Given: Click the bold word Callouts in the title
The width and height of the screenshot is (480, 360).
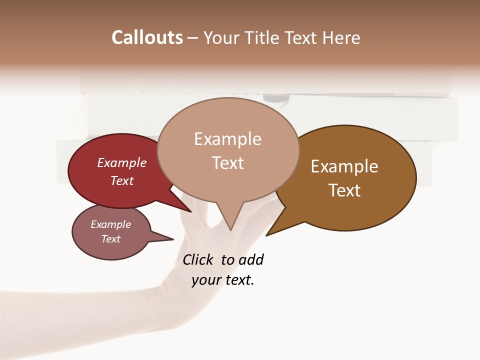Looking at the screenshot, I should click(x=147, y=37).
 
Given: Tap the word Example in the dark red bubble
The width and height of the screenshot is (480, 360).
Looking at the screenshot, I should click(x=122, y=162).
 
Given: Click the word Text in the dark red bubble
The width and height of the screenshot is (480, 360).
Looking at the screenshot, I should click(x=122, y=180).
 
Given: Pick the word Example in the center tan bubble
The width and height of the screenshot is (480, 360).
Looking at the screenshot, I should click(x=227, y=139).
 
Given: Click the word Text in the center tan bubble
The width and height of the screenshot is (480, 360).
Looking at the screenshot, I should click(x=227, y=163).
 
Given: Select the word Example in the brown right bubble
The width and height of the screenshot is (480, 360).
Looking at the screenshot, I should click(x=344, y=166).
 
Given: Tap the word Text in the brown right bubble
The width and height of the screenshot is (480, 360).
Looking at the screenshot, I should click(x=344, y=190).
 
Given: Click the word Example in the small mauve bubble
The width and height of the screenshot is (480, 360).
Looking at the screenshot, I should click(x=111, y=224).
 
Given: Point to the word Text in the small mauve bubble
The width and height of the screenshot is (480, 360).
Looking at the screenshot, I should click(x=111, y=239).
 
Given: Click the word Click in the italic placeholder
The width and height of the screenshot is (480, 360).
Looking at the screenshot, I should click(x=197, y=259).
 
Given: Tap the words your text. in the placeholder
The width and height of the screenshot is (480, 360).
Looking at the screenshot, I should click(x=223, y=280).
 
